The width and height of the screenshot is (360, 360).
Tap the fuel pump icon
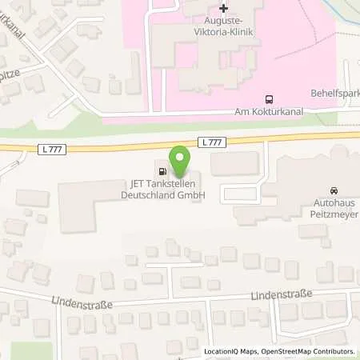[163, 170]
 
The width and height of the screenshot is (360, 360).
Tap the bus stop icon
[269, 101]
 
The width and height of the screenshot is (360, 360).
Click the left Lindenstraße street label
[81, 304]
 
